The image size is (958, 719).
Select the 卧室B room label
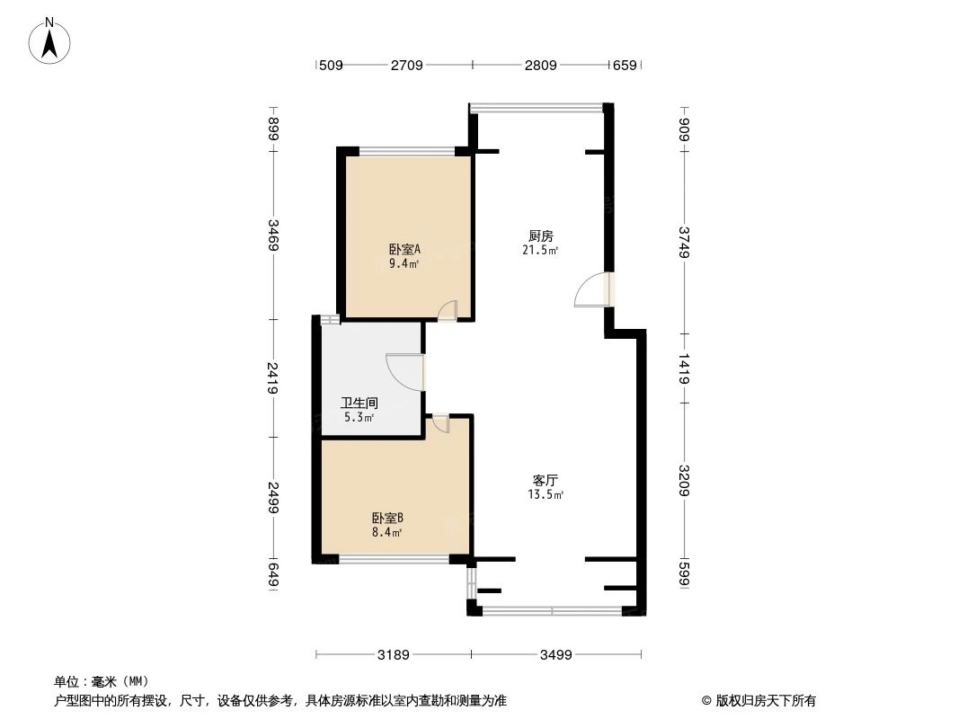[387, 518]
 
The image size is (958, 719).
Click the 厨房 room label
[539, 236]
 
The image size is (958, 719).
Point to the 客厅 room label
[546, 480]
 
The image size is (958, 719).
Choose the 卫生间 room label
[359, 404]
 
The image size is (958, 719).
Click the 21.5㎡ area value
[542, 251]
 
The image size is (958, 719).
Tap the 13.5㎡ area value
[546, 494]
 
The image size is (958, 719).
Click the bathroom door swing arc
[402, 371]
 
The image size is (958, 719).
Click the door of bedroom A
[447, 311]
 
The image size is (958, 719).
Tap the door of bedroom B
[440, 424]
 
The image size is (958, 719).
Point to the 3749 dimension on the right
[685, 242]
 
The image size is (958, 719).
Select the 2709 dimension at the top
[407, 65]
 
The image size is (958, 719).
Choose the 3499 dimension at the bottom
[555, 655]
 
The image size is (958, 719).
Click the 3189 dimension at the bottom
[393, 655]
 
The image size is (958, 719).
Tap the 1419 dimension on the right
[685, 369]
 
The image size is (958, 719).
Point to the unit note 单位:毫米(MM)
[102, 681]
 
